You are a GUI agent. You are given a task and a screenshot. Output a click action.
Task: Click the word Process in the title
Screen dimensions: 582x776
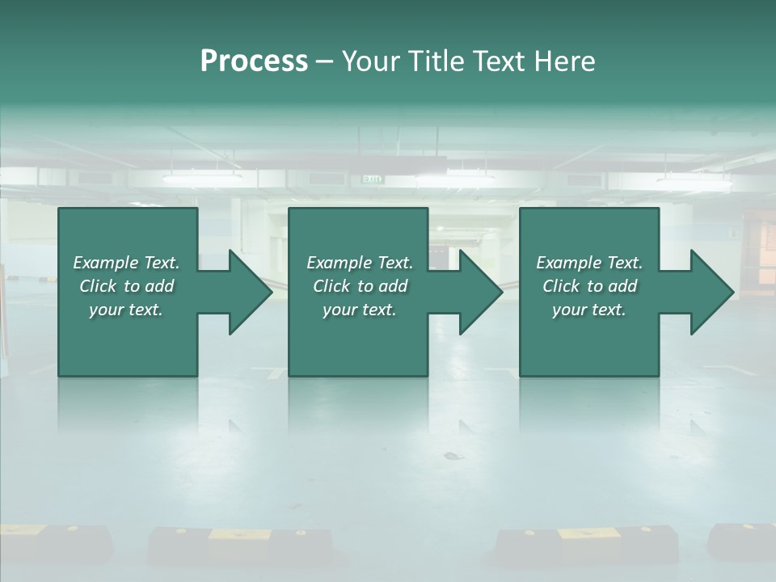coord(254,61)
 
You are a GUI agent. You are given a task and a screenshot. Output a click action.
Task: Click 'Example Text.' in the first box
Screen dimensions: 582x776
coord(126,263)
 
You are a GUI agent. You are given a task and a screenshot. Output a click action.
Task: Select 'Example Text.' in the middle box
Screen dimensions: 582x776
coord(360,263)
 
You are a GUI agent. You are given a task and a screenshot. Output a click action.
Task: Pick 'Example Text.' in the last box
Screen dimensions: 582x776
coord(589,263)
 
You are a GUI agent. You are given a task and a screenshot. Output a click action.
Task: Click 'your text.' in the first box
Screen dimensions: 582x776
coord(126,310)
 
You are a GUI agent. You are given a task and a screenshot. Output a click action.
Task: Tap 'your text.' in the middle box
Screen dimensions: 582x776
coord(360,310)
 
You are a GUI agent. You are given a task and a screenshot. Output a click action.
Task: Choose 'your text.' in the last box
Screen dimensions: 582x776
coord(589,310)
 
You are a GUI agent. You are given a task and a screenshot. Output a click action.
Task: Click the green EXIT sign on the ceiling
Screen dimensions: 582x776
coord(372,179)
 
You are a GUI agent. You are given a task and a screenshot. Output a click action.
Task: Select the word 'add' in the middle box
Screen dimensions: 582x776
coord(392,286)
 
